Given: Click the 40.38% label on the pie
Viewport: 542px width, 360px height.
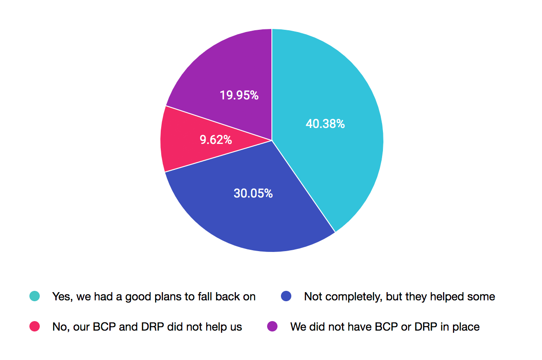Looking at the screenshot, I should [325, 124].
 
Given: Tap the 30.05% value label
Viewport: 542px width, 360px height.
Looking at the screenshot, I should [253, 194].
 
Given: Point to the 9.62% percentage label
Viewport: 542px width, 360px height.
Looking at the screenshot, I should [216, 140].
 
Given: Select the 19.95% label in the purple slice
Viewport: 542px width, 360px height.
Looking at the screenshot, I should [239, 95].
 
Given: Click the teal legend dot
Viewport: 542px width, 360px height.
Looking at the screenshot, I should [35, 296].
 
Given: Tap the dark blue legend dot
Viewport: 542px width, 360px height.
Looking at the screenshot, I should [286, 296].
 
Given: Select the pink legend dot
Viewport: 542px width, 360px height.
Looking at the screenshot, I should [35, 327].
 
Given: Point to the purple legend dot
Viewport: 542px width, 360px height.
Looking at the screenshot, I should [272, 327].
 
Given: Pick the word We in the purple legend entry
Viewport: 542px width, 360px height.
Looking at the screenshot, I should [298, 327].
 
